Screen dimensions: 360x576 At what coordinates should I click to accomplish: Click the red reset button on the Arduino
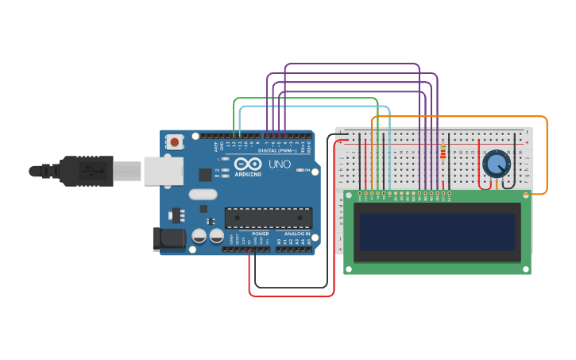coord(174,141)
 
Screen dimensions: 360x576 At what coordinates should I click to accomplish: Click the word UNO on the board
coord(279,165)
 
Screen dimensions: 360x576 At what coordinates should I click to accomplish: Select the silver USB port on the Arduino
coord(163,171)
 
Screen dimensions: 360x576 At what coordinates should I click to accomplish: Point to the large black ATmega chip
coord(268,217)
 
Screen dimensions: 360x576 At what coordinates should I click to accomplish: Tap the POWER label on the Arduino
coord(261,234)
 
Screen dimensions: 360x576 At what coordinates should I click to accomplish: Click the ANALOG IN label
coord(296,234)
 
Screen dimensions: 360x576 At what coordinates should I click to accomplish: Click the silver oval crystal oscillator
coord(203,194)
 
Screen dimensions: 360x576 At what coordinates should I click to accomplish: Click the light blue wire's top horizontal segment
coord(318,106)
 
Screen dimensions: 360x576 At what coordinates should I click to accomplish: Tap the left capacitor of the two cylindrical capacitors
coord(199,236)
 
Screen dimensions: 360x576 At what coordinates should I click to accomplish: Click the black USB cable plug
coord(79,171)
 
